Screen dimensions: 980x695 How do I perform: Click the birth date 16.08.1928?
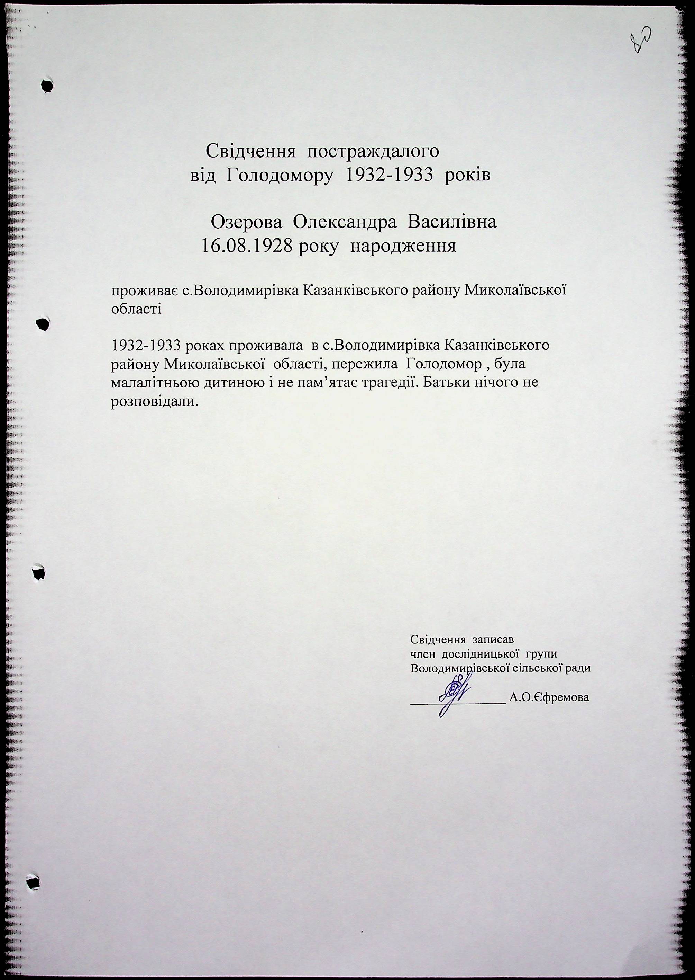point(247,247)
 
